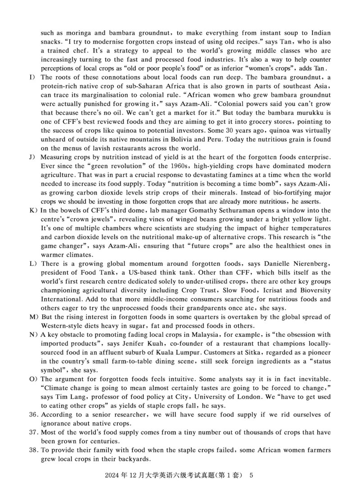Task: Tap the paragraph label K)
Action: (32, 210)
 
